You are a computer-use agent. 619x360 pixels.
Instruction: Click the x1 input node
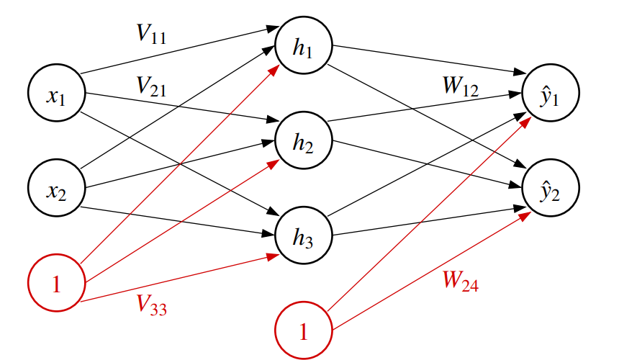click(x=56, y=95)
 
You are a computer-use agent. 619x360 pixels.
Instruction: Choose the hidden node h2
click(x=302, y=142)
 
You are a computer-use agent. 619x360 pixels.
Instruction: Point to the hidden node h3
click(x=302, y=235)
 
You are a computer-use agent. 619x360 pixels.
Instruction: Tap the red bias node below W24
click(x=302, y=331)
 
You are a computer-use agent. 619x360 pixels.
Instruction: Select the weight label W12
click(x=461, y=86)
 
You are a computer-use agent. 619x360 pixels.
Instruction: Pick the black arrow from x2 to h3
click(x=180, y=219)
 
